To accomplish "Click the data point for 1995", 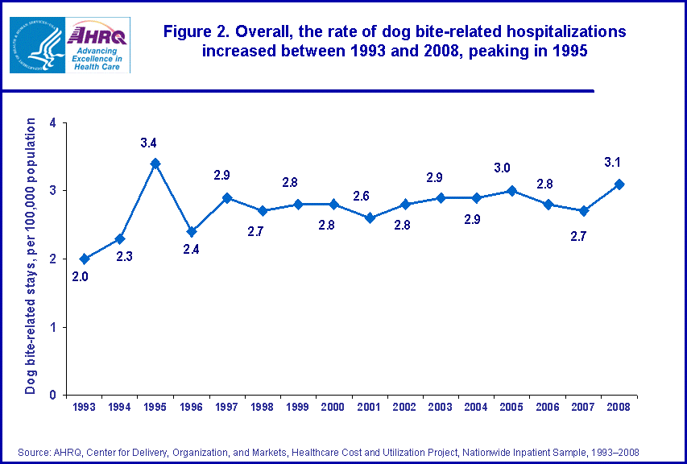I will tap(155, 164).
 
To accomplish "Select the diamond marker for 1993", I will tap(84, 259).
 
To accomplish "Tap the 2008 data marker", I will tap(619, 184).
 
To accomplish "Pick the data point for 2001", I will tap(370, 218).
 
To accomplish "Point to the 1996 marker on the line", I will tap(192, 231).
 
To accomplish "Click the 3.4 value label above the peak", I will tap(148, 143).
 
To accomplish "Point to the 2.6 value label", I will tap(362, 196).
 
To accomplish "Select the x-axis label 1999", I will tap(298, 408).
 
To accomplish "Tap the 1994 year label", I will tap(119, 408).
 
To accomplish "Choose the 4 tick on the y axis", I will tap(52, 123).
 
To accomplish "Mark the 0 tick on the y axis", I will tap(52, 395).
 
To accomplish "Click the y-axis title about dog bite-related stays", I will tap(31, 256).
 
